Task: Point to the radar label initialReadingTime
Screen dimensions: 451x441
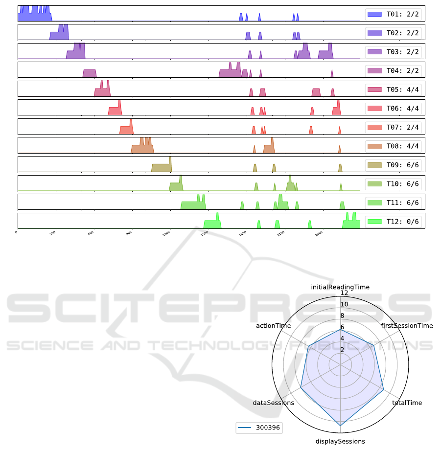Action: (x=340, y=287)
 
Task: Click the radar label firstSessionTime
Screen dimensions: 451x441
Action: (x=407, y=325)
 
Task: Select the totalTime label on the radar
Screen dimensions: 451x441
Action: (x=407, y=403)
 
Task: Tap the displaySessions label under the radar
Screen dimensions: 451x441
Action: (x=340, y=441)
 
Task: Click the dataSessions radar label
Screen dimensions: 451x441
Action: (x=274, y=403)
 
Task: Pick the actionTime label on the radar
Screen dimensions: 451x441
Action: (x=274, y=325)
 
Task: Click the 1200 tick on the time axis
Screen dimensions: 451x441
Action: (x=166, y=234)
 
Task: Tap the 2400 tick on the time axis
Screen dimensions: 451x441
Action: (x=319, y=234)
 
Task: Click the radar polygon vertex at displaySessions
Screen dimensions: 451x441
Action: (x=340, y=427)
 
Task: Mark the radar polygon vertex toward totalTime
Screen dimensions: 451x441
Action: (x=383, y=389)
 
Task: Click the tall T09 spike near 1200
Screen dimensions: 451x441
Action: (x=170, y=158)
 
